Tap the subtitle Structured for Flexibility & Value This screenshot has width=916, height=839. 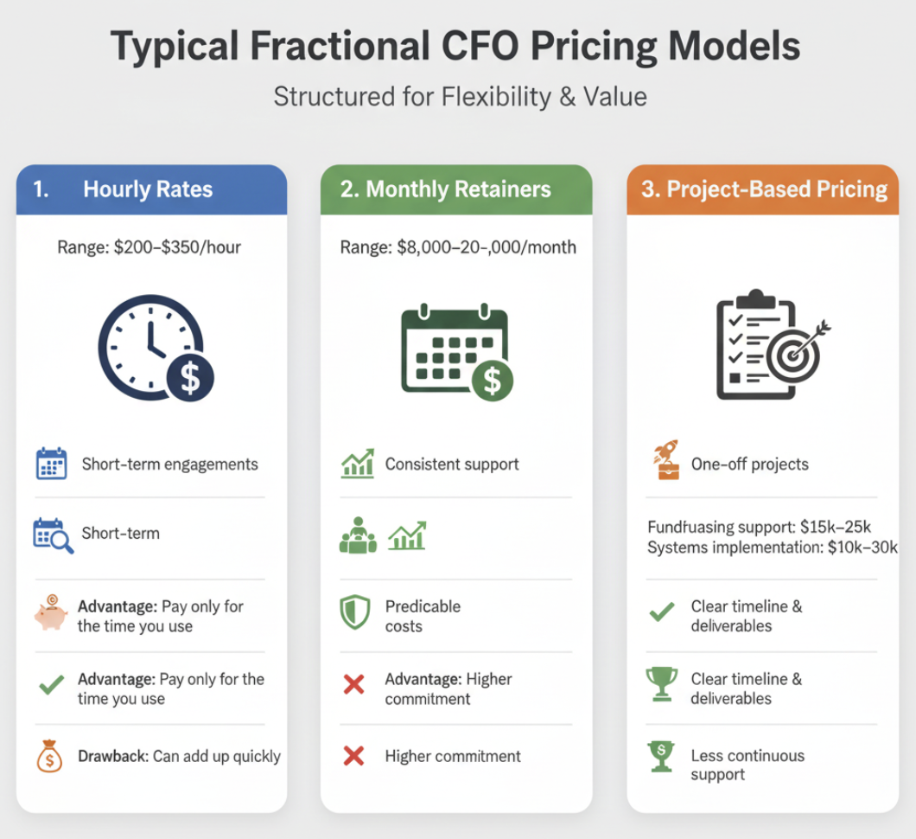[460, 96]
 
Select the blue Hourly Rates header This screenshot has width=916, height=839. [151, 189]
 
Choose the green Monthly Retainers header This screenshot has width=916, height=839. [456, 189]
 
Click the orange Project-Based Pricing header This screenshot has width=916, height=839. [764, 189]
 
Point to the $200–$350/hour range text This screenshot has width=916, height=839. [149, 247]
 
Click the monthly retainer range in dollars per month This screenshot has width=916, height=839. [458, 247]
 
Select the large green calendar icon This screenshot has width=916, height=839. [456, 351]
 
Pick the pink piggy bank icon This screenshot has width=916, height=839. [51, 613]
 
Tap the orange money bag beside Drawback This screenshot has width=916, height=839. [50, 756]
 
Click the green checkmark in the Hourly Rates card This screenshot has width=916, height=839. [52, 687]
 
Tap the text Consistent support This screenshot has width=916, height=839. [452, 464]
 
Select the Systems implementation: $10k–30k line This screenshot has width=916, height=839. [772, 548]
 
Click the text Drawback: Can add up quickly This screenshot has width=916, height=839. [179, 756]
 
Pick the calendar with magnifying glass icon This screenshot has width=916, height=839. [53, 535]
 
